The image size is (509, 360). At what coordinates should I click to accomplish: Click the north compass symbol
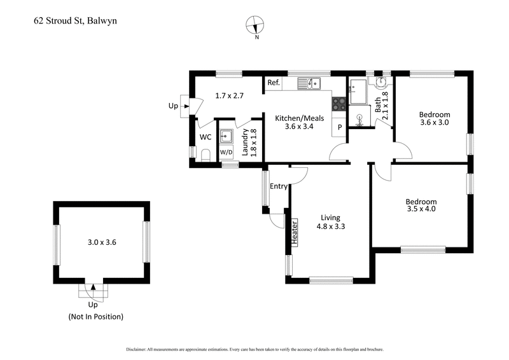tap(256, 26)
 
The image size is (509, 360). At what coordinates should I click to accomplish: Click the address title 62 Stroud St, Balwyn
tap(75, 21)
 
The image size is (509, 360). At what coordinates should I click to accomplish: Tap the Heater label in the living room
tap(295, 233)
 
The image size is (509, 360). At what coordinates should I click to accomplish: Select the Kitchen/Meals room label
tap(299, 122)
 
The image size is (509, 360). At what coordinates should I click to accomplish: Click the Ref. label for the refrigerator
tap(274, 83)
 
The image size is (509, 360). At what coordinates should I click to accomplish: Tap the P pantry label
tap(340, 127)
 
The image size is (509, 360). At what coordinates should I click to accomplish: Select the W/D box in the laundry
tap(226, 153)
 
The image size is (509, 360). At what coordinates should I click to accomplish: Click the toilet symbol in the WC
tap(205, 155)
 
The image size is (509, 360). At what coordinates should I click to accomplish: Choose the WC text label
tap(205, 137)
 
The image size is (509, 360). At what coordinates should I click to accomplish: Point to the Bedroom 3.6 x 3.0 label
tap(434, 119)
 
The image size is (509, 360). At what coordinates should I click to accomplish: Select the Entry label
tap(279, 186)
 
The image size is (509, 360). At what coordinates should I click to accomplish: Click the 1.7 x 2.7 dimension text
tap(230, 96)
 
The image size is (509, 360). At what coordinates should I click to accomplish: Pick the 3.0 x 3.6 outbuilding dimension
tap(102, 242)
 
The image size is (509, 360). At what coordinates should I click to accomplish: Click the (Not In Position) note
tap(95, 316)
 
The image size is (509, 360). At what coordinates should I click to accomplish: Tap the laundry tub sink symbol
tap(226, 135)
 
